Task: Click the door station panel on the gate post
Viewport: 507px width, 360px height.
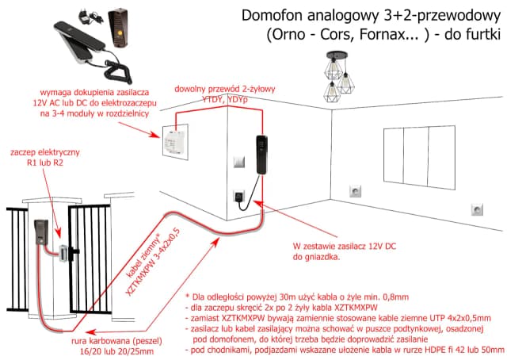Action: point(40,232)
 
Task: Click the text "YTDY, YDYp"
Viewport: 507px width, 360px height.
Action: point(223,100)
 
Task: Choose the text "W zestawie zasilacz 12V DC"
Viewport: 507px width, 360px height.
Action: point(341,247)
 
